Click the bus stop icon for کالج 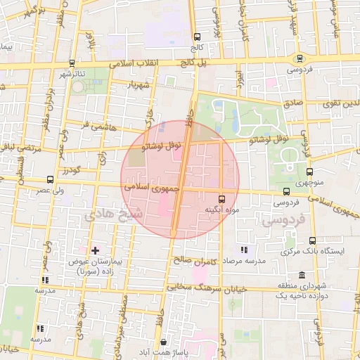pos(198,37)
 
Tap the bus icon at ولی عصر pos(50,179)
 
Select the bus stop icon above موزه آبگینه pos(222,198)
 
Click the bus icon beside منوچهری pos(310,170)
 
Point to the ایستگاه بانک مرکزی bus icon pos(312,240)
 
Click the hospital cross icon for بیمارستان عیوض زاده pos(96,250)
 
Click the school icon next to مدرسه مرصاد pos(244,250)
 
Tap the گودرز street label pos(72,171)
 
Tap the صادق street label pos(293,102)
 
